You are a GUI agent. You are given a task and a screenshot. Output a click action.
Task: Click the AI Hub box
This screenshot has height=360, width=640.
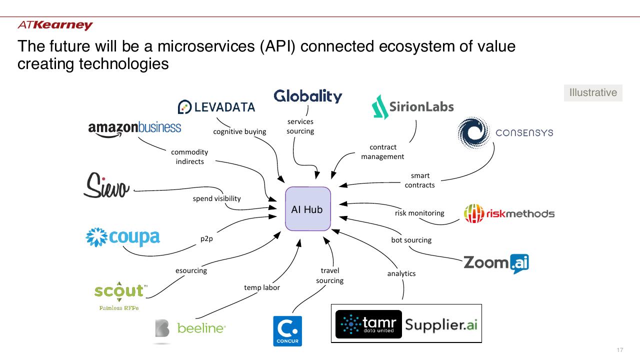(x=307, y=209)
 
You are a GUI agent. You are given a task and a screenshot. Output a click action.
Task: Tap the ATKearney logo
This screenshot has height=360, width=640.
(x=55, y=25)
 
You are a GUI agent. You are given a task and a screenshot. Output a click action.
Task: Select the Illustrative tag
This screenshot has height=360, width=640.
(x=593, y=92)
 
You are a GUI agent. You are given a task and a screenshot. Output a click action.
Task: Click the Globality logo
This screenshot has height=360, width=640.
(x=307, y=96)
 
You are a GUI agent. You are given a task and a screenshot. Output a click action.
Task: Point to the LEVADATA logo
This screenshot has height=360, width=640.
(x=216, y=107)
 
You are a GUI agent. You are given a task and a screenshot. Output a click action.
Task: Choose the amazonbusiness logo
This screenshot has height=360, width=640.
(x=134, y=128)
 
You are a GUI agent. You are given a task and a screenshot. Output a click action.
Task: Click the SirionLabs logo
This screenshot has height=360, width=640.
(x=412, y=107)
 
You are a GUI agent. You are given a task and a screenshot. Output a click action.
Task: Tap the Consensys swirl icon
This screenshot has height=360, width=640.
(x=473, y=132)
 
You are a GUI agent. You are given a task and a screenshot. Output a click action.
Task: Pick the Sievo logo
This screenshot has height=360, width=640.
(x=106, y=185)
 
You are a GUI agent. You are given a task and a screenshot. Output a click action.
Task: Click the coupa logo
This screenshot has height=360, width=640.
(x=123, y=237)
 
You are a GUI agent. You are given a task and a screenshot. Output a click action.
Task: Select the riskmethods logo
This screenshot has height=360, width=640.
(x=509, y=213)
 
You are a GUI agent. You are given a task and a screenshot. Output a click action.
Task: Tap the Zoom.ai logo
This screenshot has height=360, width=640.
(x=496, y=263)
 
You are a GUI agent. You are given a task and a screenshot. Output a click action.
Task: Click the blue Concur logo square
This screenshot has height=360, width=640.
(x=287, y=331)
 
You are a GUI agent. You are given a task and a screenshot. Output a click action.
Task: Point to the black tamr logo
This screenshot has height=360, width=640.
(x=368, y=324)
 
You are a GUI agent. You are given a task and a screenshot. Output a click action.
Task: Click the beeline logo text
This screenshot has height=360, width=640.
(x=201, y=328)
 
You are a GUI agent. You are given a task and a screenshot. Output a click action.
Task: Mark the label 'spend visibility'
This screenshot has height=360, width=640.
(x=216, y=198)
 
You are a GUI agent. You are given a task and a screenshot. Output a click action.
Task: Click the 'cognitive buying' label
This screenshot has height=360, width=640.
(x=239, y=131)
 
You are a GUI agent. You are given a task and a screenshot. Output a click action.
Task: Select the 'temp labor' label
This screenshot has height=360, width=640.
(x=261, y=287)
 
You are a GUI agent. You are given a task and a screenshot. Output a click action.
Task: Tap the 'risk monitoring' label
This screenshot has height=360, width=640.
(x=419, y=213)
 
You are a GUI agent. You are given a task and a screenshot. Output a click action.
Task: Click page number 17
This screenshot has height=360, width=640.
(x=619, y=350)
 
